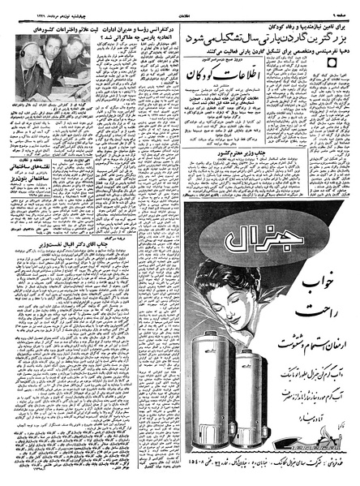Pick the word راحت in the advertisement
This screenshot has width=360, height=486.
pyautogui.click(x=319, y=309)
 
